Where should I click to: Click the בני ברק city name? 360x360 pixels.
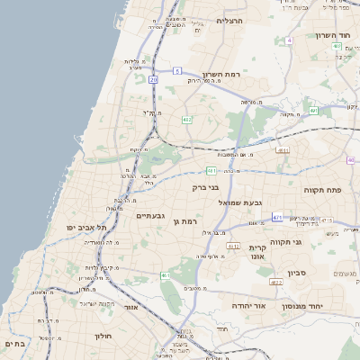tap(206, 187)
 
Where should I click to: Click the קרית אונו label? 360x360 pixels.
tap(257, 252)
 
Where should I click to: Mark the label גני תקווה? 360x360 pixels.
tap(310, 241)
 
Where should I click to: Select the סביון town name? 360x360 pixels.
tap(298, 273)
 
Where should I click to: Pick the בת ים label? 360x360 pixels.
tap(14, 344)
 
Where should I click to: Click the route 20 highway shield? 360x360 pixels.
tap(153, 79)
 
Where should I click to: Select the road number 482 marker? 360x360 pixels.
tap(186, 119)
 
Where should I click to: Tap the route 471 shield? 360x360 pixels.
tap(277, 217)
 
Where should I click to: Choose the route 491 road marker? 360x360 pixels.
tap(313, 110)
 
